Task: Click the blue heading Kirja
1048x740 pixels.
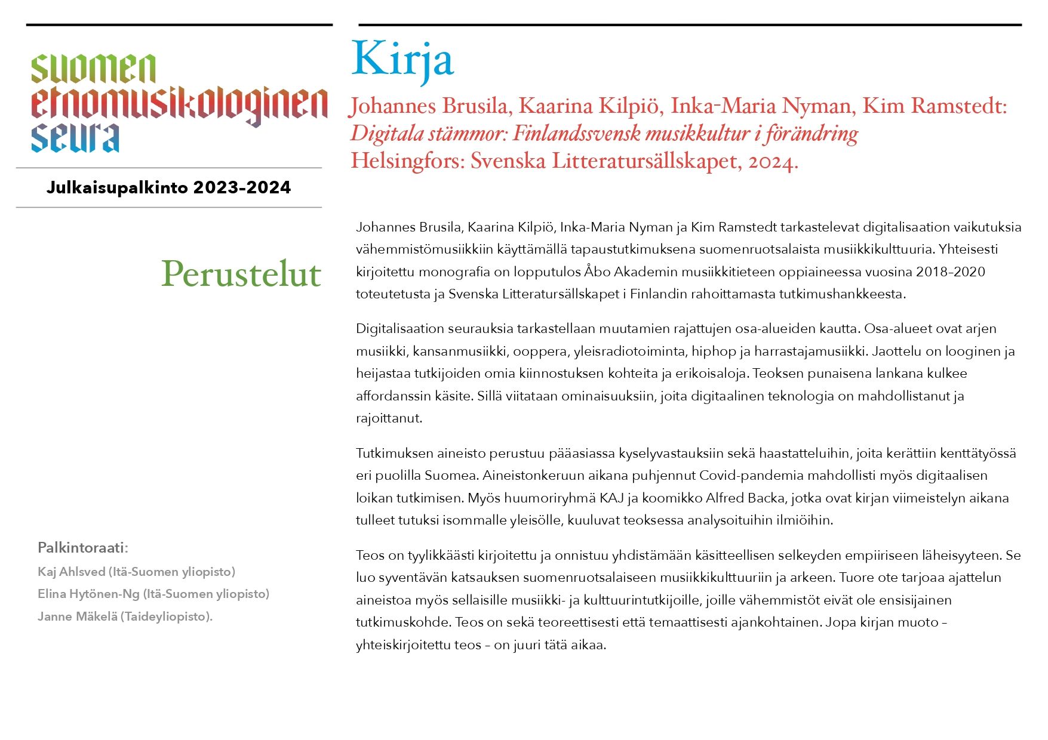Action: click(402, 60)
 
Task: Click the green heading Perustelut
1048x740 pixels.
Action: click(241, 274)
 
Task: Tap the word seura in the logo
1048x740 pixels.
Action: click(75, 138)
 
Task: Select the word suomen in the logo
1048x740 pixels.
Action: click(94, 69)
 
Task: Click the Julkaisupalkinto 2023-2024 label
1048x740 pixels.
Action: click(168, 187)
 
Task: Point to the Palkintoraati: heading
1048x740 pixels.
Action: click(83, 547)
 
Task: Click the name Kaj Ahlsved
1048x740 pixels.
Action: click(72, 572)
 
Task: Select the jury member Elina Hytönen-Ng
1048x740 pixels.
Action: click(88, 594)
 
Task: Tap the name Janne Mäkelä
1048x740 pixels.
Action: click(78, 616)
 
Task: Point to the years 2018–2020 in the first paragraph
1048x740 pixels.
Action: click(950, 272)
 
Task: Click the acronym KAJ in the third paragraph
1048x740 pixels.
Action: click(611, 498)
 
